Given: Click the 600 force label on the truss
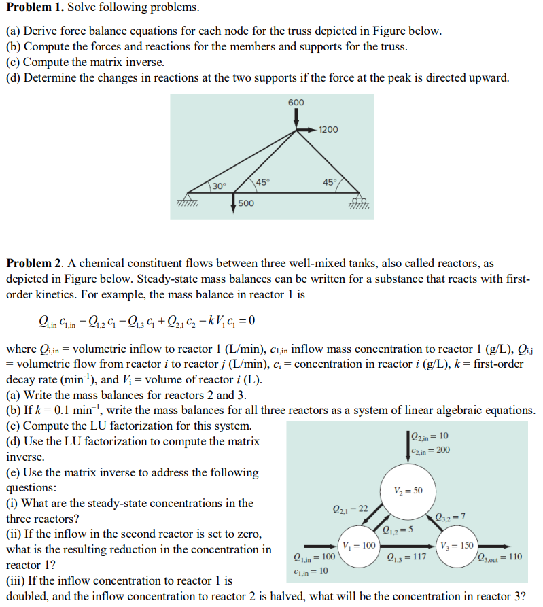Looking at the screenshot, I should [296, 102].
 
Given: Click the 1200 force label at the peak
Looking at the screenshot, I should [328, 129].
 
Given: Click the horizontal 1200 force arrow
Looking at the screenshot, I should [307, 129].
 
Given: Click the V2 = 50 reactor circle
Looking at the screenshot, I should [408, 491].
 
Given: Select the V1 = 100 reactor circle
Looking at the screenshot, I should [357, 545].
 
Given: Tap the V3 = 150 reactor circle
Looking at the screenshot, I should [457, 545].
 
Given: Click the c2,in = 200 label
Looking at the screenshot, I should [431, 450].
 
